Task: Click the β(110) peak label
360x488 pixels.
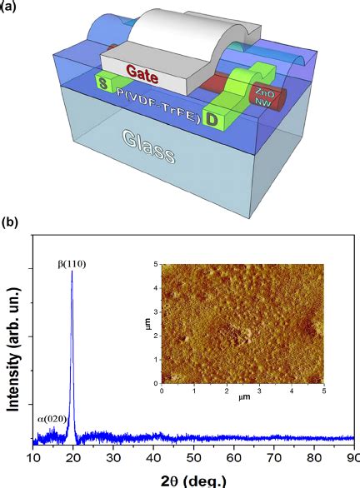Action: [72, 264]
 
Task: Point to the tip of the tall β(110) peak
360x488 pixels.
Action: [72, 271]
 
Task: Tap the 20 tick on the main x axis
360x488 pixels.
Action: [72, 457]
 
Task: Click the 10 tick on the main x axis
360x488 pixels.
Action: [33, 457]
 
